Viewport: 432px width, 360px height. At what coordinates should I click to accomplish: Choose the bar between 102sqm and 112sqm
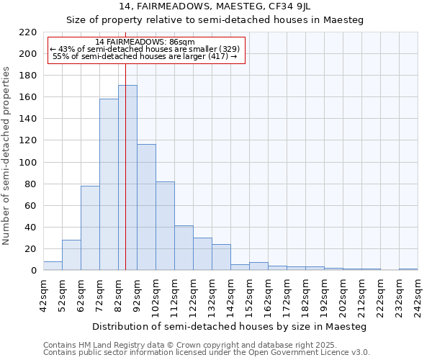coord(165,226)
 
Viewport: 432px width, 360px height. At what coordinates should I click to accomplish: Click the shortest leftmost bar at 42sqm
coord(53,266)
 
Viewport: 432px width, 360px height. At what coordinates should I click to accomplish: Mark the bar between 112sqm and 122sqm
coord(184,248)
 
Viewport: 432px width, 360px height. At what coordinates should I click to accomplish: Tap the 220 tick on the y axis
coord(28,32)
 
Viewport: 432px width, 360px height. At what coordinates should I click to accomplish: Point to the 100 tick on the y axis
coord(28,163)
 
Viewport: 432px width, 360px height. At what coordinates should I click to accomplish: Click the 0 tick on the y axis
coord(33,271)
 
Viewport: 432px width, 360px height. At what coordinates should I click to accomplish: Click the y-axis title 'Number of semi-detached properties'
coord(7,156)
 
